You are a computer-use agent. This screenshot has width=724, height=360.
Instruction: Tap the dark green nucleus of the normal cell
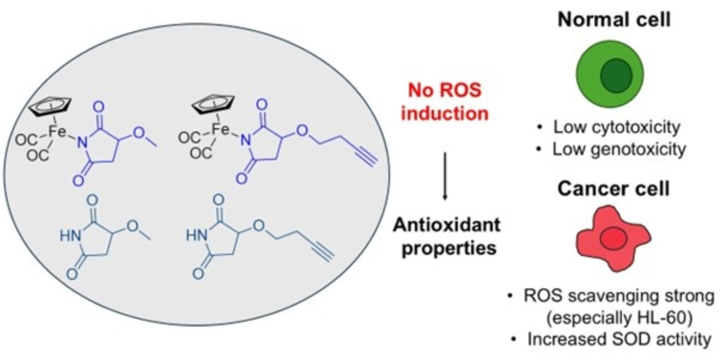click(x=610, y=75)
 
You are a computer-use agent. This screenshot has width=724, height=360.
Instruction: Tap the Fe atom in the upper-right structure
click(x=219, y=130)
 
